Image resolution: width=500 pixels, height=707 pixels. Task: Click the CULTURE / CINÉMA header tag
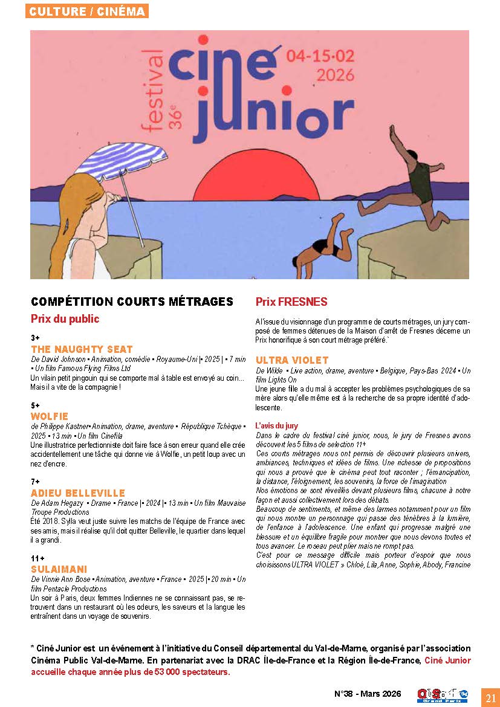coord(87,11)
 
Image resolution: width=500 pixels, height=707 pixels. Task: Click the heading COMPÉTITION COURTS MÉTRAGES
coord(132,302)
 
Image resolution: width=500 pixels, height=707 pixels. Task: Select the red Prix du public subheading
coord(65,318)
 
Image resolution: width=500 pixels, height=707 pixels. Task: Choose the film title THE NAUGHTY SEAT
coord(82,349)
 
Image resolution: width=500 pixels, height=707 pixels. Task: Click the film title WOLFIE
coord(50,416)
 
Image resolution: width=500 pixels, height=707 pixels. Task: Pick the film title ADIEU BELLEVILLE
coord(78,493)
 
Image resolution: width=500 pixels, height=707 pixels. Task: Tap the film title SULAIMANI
coord(59,569)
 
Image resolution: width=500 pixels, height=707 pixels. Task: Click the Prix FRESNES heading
coord(291,302)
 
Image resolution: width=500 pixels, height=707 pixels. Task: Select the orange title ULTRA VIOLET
coord(292,360)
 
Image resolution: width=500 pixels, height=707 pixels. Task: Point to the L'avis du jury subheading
coord(276,425)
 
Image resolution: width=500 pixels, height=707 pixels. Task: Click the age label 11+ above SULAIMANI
coord(37,558)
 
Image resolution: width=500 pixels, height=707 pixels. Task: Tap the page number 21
coord(489,697)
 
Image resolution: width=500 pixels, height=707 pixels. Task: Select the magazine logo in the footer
coord(443,696)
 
